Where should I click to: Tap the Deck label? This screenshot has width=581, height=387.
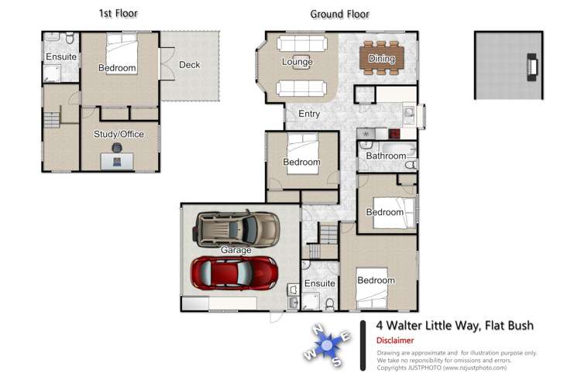click(x=190, y=65)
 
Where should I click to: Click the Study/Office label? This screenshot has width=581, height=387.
click(x=119, y=134)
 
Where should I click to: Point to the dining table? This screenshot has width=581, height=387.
click(x=382, y=59)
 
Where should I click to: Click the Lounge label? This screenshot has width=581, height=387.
click(x=297, y=62)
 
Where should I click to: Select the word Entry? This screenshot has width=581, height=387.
click(x=308, y=115)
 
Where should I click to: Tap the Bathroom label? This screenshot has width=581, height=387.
click(x=386, y=156)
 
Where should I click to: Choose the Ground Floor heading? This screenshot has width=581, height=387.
click(x=339, y=14)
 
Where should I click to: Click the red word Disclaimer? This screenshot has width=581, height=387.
click(x=395, y=341)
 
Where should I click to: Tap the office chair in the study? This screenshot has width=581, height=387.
click(x=117, y=147)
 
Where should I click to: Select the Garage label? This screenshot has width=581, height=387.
click(x=235, y=250)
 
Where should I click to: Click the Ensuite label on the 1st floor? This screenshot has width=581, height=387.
click(x=61, y=57)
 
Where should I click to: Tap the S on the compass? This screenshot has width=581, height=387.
click(x=337, y=362)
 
